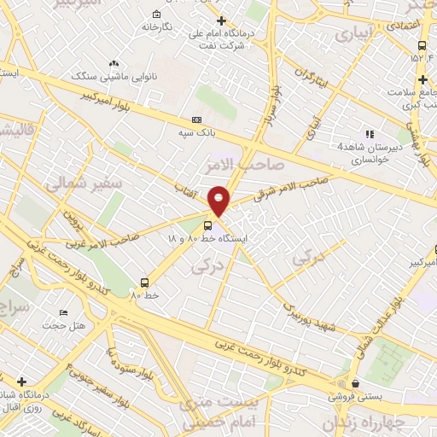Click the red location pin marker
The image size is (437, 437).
pos(218,200)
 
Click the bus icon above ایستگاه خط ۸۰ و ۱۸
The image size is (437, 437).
pos(210,226)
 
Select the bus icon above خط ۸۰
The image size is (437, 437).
pos(143,282)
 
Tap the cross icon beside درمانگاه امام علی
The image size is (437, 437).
pos(221,20)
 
